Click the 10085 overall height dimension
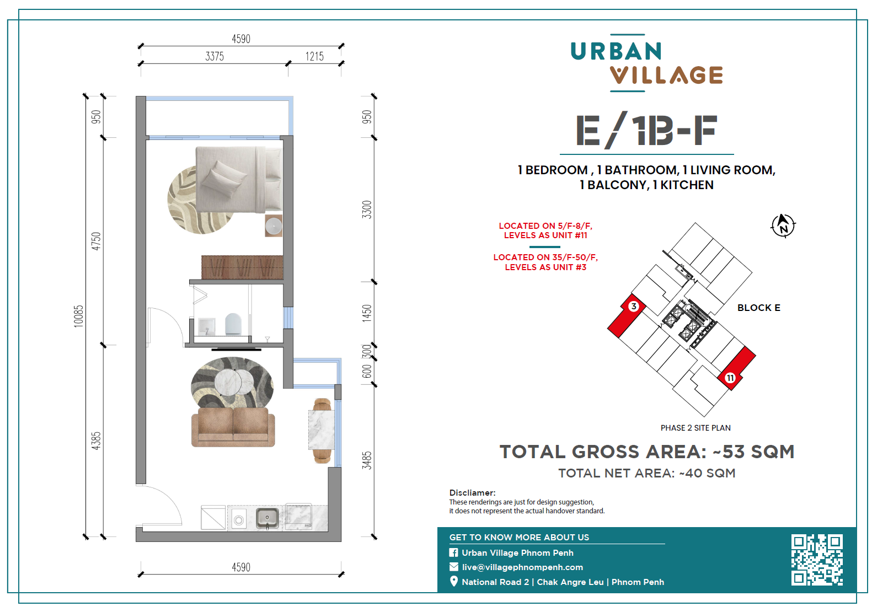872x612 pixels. (79, 316)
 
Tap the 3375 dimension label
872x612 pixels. (215, 56)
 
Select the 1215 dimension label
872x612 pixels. (314, 56)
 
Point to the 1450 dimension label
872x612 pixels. (367, 314)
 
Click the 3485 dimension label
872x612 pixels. (367, 460)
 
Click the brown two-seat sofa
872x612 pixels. (233, 427)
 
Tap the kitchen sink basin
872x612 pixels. (267, 518)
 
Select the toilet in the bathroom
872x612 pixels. (233, 324)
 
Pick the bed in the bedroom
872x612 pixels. (239, 179)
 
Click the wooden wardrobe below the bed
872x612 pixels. (242, 267)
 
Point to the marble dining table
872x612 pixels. (322, 430)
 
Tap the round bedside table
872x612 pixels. (274, 226)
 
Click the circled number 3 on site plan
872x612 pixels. (634, 306)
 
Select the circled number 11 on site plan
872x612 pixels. (730, 378)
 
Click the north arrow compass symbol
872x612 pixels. (783, 226)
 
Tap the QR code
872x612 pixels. (817, 560)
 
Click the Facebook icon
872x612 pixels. (453, 553)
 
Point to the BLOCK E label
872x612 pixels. (759, 308)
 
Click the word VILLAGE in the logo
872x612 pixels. (666, 75)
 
